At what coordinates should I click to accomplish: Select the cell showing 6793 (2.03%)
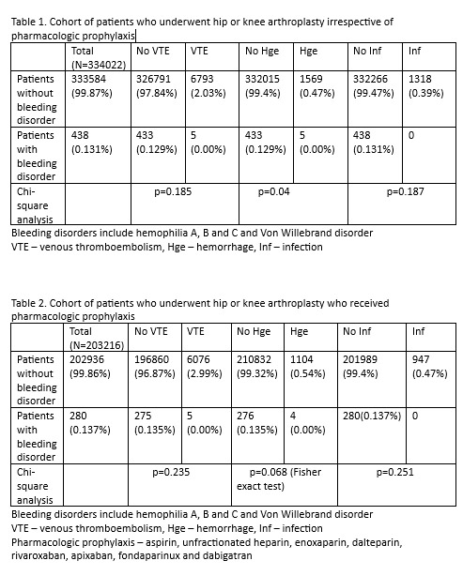point(207,86)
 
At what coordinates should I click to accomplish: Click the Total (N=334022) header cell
point(95,57)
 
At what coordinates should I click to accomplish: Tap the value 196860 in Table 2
point(152,359)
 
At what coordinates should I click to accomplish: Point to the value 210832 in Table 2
point(256,359)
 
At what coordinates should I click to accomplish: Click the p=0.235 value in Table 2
point(174,473)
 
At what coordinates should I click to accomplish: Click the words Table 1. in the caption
point(28,22)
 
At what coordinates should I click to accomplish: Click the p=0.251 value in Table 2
point(394,473)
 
